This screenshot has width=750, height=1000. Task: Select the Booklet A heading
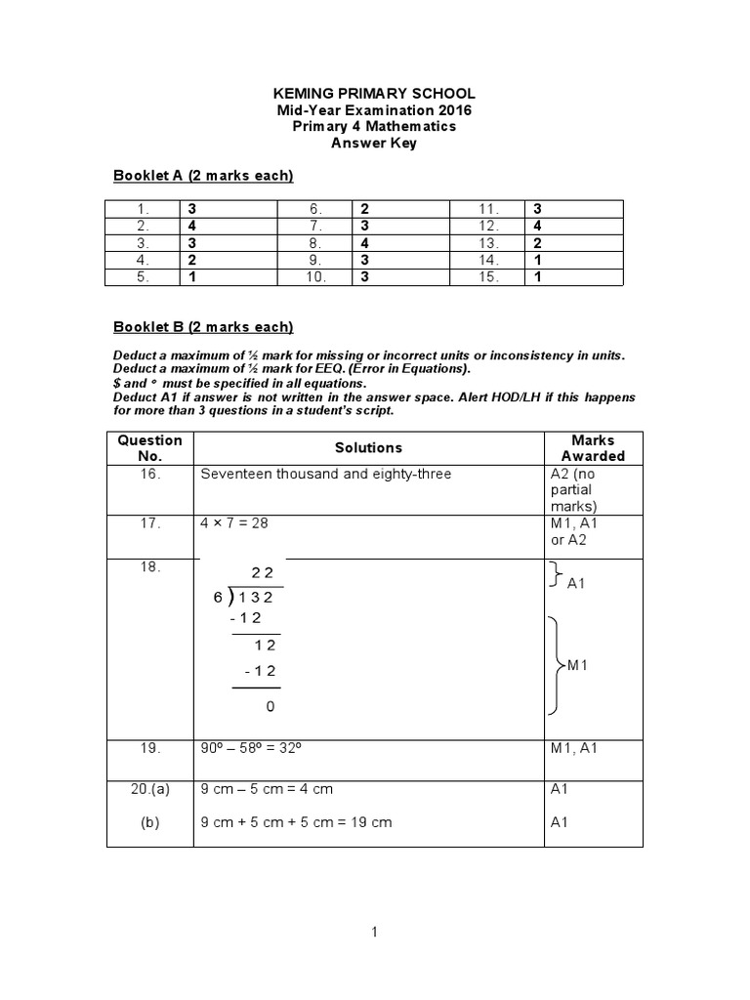tap(203, 176)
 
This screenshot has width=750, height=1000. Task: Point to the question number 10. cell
tap(315, 277)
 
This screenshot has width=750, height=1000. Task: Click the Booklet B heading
tap(203, 327)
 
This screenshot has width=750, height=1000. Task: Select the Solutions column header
tap(368, 448)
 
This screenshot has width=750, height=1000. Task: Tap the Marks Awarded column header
tap(593, 448)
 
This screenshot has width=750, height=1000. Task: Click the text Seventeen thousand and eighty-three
tap(326, 475)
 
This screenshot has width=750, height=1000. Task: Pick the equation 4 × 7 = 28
tap(234, 523)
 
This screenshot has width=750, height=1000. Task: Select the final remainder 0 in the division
tap(270, 706)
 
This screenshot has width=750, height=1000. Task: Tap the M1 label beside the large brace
tap(579, 665)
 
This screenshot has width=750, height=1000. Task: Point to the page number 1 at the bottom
tap(374, 933)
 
